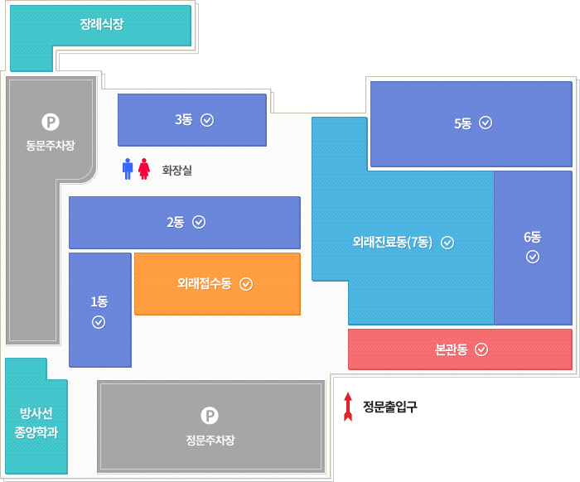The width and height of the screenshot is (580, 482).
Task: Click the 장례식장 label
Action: [x=102, y=24]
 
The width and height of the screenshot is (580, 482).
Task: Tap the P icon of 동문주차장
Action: [x=51, y=123]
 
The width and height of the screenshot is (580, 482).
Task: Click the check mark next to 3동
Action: [x=207, y=119]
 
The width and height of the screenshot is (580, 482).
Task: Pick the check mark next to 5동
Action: [x=486, y=123]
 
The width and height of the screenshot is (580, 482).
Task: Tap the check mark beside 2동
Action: [x=199, y=222]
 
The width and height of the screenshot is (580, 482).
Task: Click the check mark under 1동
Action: [x=99, y=322]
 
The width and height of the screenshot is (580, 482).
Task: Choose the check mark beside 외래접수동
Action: [x=246, y=284]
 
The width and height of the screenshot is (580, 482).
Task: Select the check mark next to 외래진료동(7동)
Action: [x=447, y=243]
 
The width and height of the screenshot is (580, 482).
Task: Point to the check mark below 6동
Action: [x=533, y=256]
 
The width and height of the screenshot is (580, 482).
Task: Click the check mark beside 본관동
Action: [x=481, y=349]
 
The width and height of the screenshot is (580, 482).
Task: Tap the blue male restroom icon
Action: [x=127, y=169]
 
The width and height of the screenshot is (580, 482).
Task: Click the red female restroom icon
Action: [x=143, y=169]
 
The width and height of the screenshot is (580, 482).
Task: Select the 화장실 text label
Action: [x=176, y=171]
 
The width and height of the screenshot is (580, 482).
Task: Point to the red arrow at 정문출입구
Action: [x=349, y=406]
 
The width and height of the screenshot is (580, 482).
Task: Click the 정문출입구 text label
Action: [x=390, y=407]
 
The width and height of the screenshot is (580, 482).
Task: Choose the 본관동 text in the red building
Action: [x=451, y=349]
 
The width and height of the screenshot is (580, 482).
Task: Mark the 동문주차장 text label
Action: [x=51, y=146]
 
